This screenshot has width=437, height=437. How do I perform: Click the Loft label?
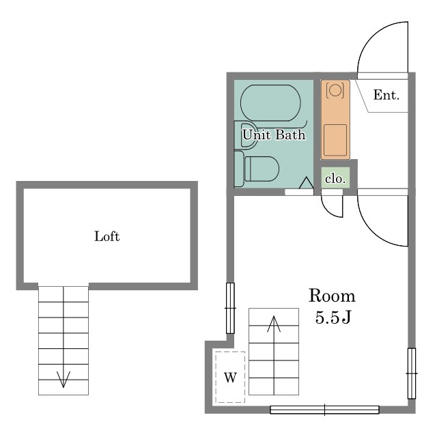107,236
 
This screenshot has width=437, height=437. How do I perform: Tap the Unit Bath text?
274,135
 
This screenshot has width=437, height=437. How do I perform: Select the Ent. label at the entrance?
386,95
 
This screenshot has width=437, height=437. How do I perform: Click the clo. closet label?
335,179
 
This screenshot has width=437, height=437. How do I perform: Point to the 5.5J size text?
333,317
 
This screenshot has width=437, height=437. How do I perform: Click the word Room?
332,296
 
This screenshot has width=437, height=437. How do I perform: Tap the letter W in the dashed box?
230,378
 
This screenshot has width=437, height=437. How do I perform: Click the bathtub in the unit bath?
270,103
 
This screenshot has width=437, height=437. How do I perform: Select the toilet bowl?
262,169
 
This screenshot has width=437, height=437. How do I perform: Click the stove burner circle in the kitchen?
335,90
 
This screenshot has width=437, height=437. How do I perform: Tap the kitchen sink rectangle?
335,140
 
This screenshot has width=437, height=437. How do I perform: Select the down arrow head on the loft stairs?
64,380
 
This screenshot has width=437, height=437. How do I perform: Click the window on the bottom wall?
325,410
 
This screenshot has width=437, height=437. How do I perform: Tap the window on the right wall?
412,373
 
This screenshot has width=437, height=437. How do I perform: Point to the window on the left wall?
230,308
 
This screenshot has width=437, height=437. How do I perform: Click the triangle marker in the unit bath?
307,183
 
